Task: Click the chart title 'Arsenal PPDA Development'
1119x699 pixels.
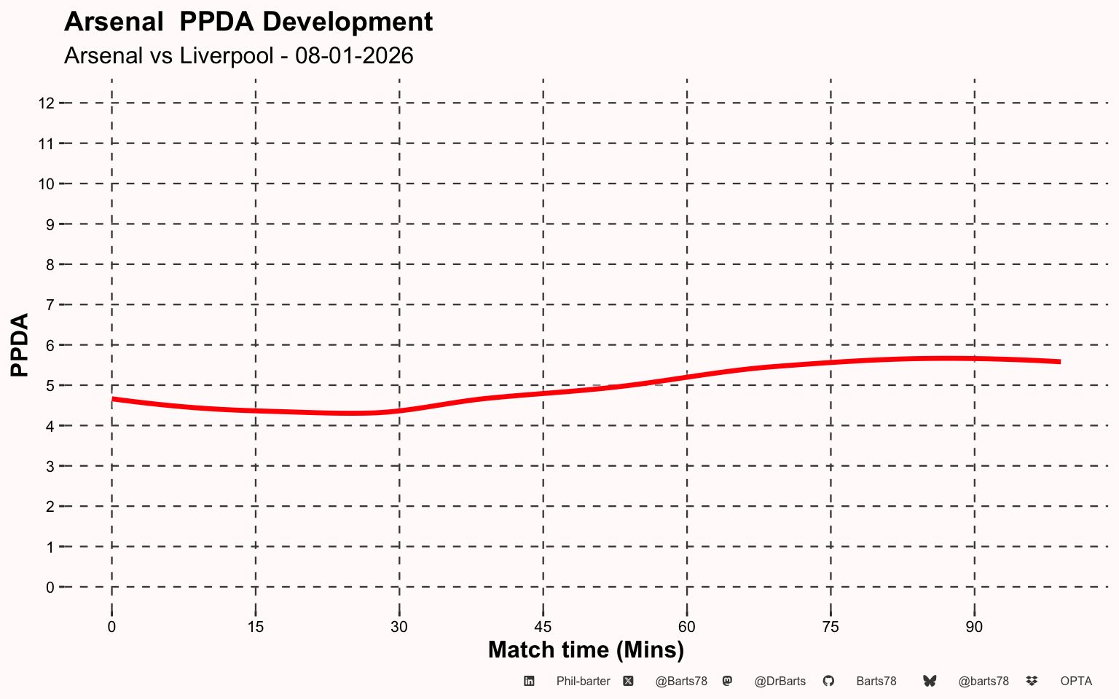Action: (248, 22)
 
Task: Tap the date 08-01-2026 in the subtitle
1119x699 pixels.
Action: (354, 55)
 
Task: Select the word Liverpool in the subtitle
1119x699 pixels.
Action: (227, 55)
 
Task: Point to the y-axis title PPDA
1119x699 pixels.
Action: (20, 345)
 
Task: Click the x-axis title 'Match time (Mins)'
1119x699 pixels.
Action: (586, 650)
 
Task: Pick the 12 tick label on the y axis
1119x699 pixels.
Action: (46, 103)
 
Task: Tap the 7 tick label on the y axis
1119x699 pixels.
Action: (50, 305)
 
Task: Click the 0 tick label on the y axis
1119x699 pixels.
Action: (50, 588)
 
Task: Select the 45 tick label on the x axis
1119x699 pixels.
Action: (543, 627)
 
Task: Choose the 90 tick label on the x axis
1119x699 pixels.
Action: (974, 627)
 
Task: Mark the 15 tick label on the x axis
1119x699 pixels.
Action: (255, 627)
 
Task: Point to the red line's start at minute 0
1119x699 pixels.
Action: (112, 399)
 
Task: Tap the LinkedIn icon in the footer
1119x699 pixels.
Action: (529, 681)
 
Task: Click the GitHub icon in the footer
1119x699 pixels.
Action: (828, 681)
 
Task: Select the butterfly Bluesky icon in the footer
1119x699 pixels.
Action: (930, 681)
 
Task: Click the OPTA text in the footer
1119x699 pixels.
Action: (1076, 682)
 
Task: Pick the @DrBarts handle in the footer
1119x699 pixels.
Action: (780, 682)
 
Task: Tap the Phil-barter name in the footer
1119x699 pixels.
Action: (583, 682)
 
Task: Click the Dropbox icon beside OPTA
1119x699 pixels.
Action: (1032, 681)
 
